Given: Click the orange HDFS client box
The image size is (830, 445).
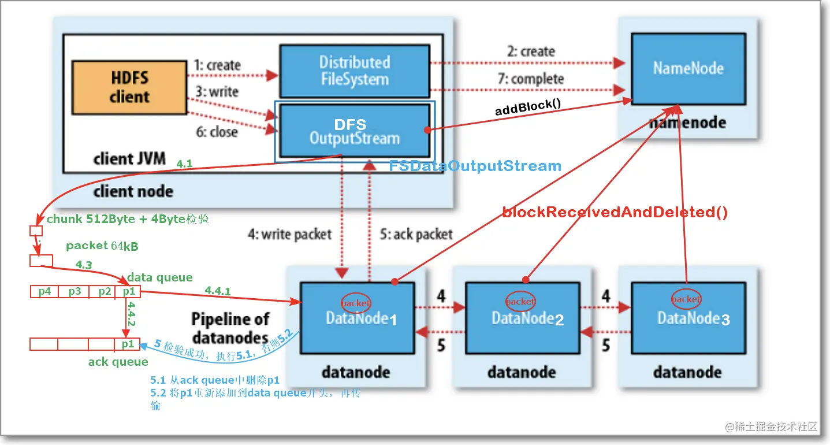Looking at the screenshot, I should [x=129, y=87].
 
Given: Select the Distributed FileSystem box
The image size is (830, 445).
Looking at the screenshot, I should [x=355, y=71].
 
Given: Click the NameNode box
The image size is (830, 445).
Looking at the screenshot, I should [x=688, y=68].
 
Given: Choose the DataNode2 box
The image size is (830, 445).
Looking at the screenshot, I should [x=522, y=318].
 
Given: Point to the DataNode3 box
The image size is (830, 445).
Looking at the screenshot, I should [x=687, y=318].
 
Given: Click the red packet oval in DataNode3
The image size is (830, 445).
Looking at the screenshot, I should [x=686, y=299].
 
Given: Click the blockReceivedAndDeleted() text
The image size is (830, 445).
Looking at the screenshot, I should [x=615, y=212].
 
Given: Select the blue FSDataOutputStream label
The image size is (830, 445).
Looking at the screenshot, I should [x=475, y=166].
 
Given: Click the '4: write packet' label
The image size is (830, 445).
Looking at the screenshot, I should [x=289, y=234].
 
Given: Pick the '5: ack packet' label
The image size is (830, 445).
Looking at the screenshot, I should [x=416, y=235].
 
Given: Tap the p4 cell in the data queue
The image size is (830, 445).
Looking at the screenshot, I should [x=44, y=292].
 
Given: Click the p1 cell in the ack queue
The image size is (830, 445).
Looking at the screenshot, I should [x=128, y=344].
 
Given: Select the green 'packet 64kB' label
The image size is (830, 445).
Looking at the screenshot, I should [x=102, y=246].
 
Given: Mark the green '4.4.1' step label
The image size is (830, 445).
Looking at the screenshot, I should [x=218, y=292].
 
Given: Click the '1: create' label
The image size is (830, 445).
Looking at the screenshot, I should [x=217, y=65].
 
